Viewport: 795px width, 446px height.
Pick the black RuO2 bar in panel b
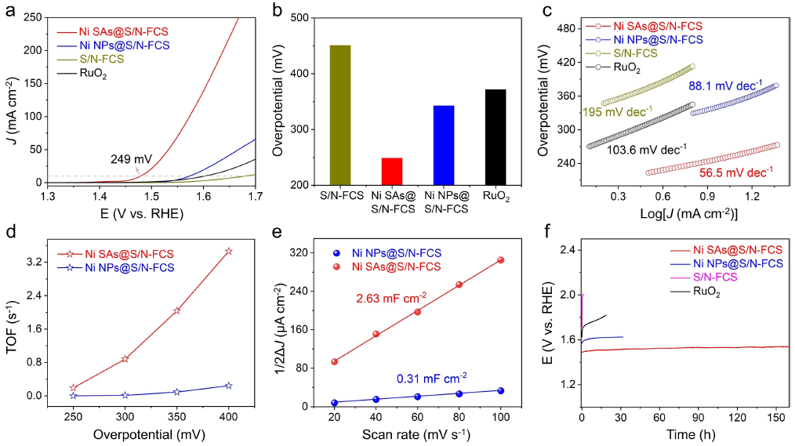tap(495, 137)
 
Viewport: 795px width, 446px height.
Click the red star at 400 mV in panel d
tap(228, 251)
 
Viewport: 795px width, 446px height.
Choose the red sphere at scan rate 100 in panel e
tap(500, 259)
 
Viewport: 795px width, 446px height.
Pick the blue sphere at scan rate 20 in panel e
tap(335, 403)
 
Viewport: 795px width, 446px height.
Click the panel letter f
tap(549, 233)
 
